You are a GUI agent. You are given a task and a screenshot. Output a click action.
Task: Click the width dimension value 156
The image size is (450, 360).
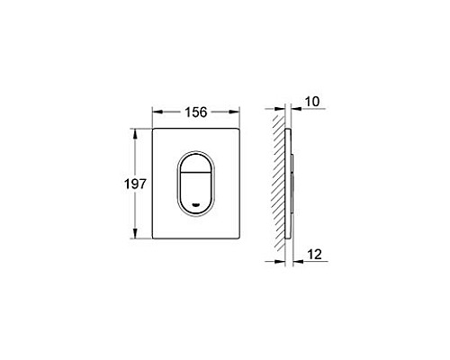197,112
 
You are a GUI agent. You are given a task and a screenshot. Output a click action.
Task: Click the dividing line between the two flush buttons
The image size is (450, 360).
198,171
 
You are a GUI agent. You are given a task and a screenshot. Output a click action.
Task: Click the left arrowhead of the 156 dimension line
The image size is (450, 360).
154,112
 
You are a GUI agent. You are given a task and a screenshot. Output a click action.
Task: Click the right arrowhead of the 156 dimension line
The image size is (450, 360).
240,112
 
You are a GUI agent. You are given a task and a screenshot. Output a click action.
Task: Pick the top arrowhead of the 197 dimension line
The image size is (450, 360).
136,130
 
